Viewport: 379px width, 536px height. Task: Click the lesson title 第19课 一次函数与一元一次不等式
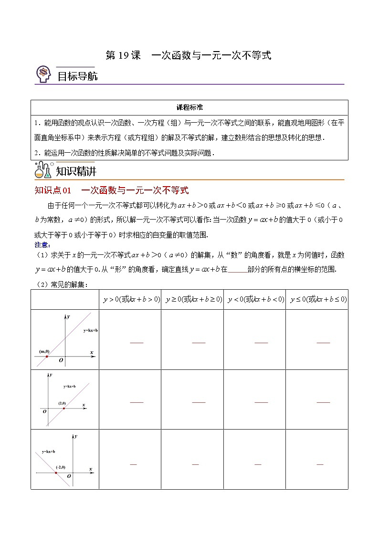(188, 55)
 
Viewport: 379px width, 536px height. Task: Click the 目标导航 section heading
(77, 76)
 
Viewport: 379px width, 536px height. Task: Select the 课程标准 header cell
(189, 107)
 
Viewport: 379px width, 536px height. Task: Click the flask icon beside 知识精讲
(43, 170)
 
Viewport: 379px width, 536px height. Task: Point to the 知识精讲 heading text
(76, 171)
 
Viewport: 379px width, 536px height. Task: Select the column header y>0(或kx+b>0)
(130, 299)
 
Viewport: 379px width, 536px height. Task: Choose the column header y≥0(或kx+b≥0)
(192, 299)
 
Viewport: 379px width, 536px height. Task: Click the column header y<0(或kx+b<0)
(255, 299)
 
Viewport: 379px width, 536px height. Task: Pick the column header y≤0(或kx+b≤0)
(317, 299)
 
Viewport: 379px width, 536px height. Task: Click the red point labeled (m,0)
(47, 356)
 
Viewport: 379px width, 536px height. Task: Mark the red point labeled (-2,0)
(56, 473)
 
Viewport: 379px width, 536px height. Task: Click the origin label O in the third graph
(69, 476)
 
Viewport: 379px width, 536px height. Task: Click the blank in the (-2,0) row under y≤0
(320, 464)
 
